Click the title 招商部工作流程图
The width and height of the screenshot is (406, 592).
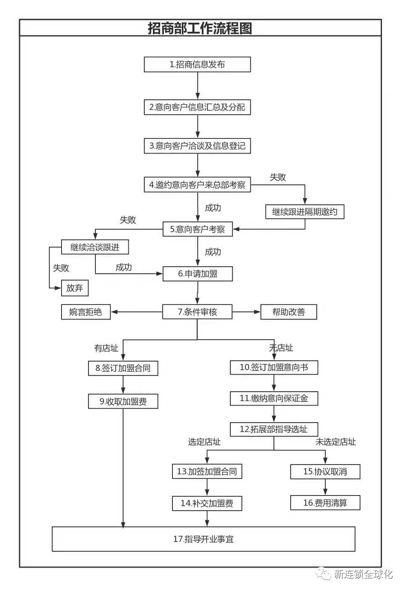coord(200,28)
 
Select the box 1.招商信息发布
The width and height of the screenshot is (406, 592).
coord(197,64)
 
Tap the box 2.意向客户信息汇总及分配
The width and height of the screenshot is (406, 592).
coord(197,107)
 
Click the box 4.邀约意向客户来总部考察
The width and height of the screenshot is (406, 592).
coord(197,185)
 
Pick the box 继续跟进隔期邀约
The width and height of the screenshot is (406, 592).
coord(304,212)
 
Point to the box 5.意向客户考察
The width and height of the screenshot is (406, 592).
coord(197,229)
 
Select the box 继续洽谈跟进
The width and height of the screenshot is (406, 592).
coord(95,247)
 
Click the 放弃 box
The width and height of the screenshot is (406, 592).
coord(75,288)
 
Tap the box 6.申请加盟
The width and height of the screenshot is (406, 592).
coord(197,274)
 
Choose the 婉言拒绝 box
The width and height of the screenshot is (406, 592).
coord(86,312)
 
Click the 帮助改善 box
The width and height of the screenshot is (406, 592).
coord(289,312)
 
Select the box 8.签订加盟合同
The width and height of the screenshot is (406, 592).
coord(123,368)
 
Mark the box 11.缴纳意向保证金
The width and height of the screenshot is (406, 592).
coord(274,398)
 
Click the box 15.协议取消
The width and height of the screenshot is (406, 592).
coord(325,471)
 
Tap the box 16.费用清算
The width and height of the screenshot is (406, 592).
coord(325,503)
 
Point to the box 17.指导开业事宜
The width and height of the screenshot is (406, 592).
coord(203,539)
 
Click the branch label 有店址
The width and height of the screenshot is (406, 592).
coord(106,348)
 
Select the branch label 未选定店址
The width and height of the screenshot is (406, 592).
coord(335,442)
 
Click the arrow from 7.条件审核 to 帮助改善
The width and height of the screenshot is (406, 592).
coord(246,312)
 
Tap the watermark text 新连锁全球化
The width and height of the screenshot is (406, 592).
coord(363,574)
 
